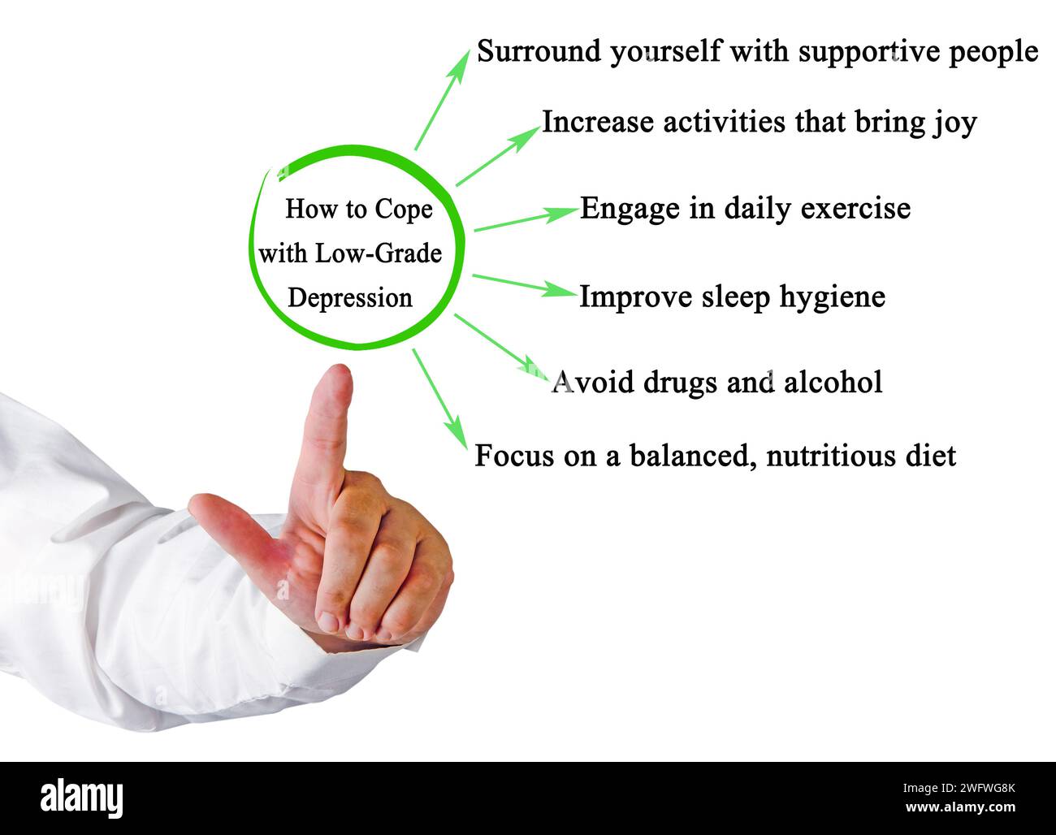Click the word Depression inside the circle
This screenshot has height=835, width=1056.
coord(350,298)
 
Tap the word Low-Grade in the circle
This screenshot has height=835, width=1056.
coord(379,253)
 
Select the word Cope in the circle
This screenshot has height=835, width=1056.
coord(404,210)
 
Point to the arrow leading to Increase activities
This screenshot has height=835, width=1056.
coord(496,157)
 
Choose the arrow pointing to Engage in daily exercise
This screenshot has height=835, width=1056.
coord(524,219)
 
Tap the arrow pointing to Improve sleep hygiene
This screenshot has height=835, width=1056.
coord(523,283)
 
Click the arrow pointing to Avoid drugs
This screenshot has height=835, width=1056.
coord(496,342)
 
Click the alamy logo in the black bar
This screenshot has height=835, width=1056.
coord(81,798)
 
